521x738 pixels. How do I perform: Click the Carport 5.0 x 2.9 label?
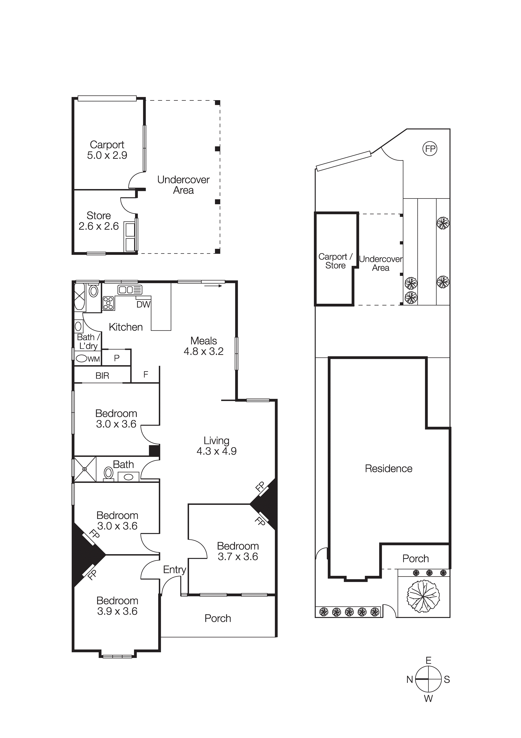pos(107,150)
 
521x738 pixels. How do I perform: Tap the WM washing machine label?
pos(94,359)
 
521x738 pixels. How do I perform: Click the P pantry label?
pos(117,358)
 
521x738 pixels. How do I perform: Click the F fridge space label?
pos(145,374)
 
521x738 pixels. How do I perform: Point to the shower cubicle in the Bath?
pos(85,469)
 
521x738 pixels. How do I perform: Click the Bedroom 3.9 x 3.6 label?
pos(117,606)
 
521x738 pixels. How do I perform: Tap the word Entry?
pos(175,570)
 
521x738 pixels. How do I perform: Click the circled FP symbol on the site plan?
pos(430,149)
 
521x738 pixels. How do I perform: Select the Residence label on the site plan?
pos(388,469)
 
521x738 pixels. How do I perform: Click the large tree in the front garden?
pos(423,596)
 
